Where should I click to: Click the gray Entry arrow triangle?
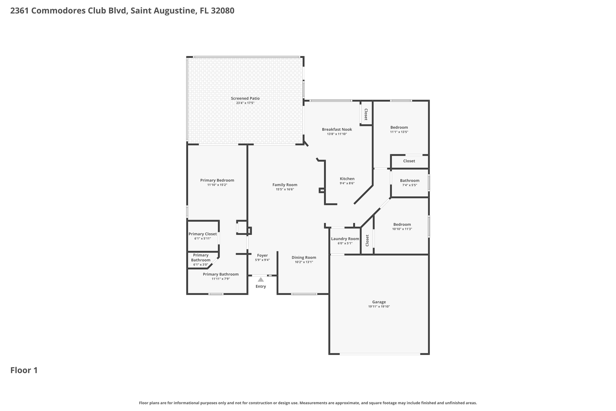tap(261, 279)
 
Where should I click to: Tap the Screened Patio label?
tap(245, 98)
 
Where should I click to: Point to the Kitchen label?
tap(347, 179)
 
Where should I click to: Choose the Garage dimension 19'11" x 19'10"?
tap(379, 306)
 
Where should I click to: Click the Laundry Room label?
tap(345, 239)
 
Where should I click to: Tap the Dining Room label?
tap(304, 258)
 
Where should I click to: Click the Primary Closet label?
tap(203, 234)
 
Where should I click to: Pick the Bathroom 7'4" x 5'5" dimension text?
tap(410, 185)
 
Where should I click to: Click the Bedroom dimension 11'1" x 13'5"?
tap(399, 132)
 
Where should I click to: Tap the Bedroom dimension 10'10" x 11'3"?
tap(402, 229)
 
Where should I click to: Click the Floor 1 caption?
tap(24, 370)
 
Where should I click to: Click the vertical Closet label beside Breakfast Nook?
tap(366, 114)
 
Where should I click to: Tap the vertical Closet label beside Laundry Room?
tap(367, 241)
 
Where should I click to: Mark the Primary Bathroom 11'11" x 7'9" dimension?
tap(221, 279)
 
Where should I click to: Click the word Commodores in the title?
tap(58, 10)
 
